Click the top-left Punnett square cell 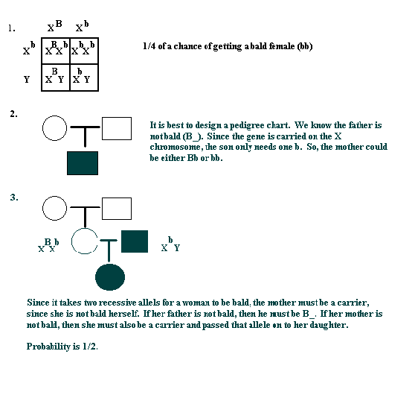point(56,51)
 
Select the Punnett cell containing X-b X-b point(84,51)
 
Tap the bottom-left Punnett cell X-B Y point(56,78)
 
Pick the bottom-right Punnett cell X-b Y point(84,78)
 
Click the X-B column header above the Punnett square point(55,25)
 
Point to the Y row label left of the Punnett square point(27,79)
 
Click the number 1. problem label point(12,28)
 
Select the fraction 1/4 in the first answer point(149,46)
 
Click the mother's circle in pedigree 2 point(55,128)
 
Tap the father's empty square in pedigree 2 point(117,128)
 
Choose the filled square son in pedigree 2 point(83,163)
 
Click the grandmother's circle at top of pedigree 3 point(55,208)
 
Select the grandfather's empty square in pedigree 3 point(117,209)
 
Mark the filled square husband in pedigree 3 point(135,241)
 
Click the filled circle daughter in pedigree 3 point(110,277)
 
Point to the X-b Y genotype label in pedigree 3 point(170,244)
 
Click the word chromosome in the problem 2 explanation point(176,147)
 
